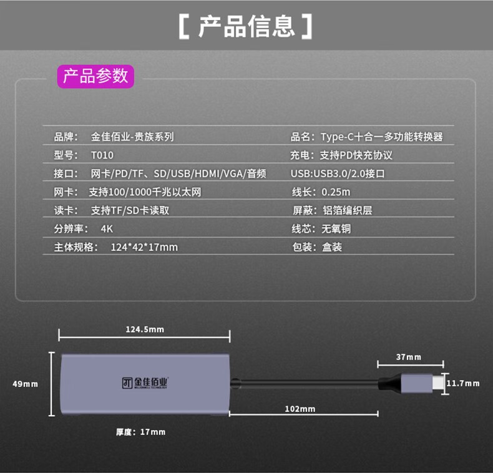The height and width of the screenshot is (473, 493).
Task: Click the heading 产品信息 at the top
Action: (x=246, y=26)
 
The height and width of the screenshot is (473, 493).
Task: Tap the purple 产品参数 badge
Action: (x=95, y=76)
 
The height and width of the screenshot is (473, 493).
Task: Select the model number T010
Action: (x=102, y=155)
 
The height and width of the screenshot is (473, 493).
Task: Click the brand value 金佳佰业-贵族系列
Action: (x=132, y=137)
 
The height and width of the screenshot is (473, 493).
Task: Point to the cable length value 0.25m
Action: (x=336, y=192)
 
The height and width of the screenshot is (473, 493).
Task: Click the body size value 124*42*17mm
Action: (x=144, y=247)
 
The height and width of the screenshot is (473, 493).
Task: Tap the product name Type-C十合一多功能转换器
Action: (x=382, y=137)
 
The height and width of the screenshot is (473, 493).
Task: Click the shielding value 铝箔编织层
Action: (x=347, y=210)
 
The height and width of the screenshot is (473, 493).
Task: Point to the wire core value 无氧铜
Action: (x=336, y=229)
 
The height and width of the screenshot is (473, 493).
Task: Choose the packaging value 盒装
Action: (x=331, y=247)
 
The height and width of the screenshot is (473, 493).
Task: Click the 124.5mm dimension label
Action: (x=145, y=329)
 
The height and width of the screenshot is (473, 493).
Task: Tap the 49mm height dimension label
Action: (x=26, y=384)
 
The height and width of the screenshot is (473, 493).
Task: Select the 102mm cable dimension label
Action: (x=300, y=409)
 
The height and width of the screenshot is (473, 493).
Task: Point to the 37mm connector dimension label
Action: (x=409, y=358)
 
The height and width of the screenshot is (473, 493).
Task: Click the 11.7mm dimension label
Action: (x=462, y=383)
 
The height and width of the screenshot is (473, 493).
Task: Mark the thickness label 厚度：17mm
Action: (x=140, y=432)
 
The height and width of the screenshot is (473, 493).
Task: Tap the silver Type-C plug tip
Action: (x=436, y=383)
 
